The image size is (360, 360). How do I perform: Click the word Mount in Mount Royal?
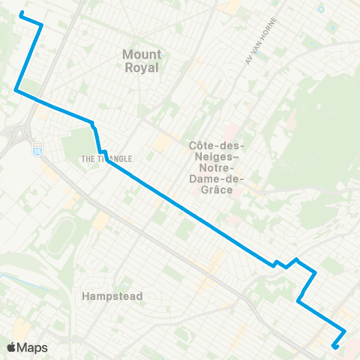[142, 54]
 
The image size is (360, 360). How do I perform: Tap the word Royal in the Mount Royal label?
[142, 67]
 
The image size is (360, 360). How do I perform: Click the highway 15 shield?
[36, 150]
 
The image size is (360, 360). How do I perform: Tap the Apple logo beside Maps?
[11, 347]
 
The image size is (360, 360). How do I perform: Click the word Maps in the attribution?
[32, 347]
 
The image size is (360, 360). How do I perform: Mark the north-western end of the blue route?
[20, 13]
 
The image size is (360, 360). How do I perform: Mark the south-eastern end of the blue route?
[333, 346]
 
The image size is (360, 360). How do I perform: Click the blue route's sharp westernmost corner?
[15, 91]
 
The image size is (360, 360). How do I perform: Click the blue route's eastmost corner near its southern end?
[345, 331]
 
